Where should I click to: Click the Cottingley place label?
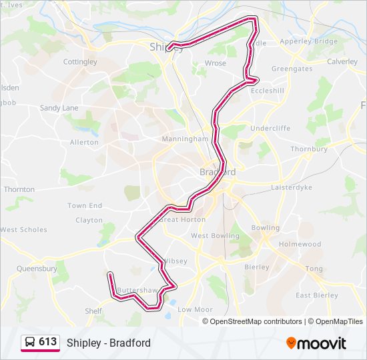(80, 62)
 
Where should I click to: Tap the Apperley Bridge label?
(308, 41)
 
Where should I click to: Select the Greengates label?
(292, 69)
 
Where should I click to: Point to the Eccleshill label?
(267, 91)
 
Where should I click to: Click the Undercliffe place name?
(271, 128)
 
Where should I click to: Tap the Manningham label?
(185, 139)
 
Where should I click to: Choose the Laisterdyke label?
(292, 188)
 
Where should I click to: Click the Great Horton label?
(183, 219)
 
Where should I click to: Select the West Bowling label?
(215, 236)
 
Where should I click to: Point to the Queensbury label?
(37, 269)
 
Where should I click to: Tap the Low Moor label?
(195, 309)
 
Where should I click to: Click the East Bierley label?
(316, 295)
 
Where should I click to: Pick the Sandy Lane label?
(59, 108)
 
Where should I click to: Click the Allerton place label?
(84, 143)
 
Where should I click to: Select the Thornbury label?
(309, 149)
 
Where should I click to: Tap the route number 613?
(47, 342)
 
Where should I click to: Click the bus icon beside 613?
(30, 343)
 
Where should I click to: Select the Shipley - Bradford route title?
(109, 343)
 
